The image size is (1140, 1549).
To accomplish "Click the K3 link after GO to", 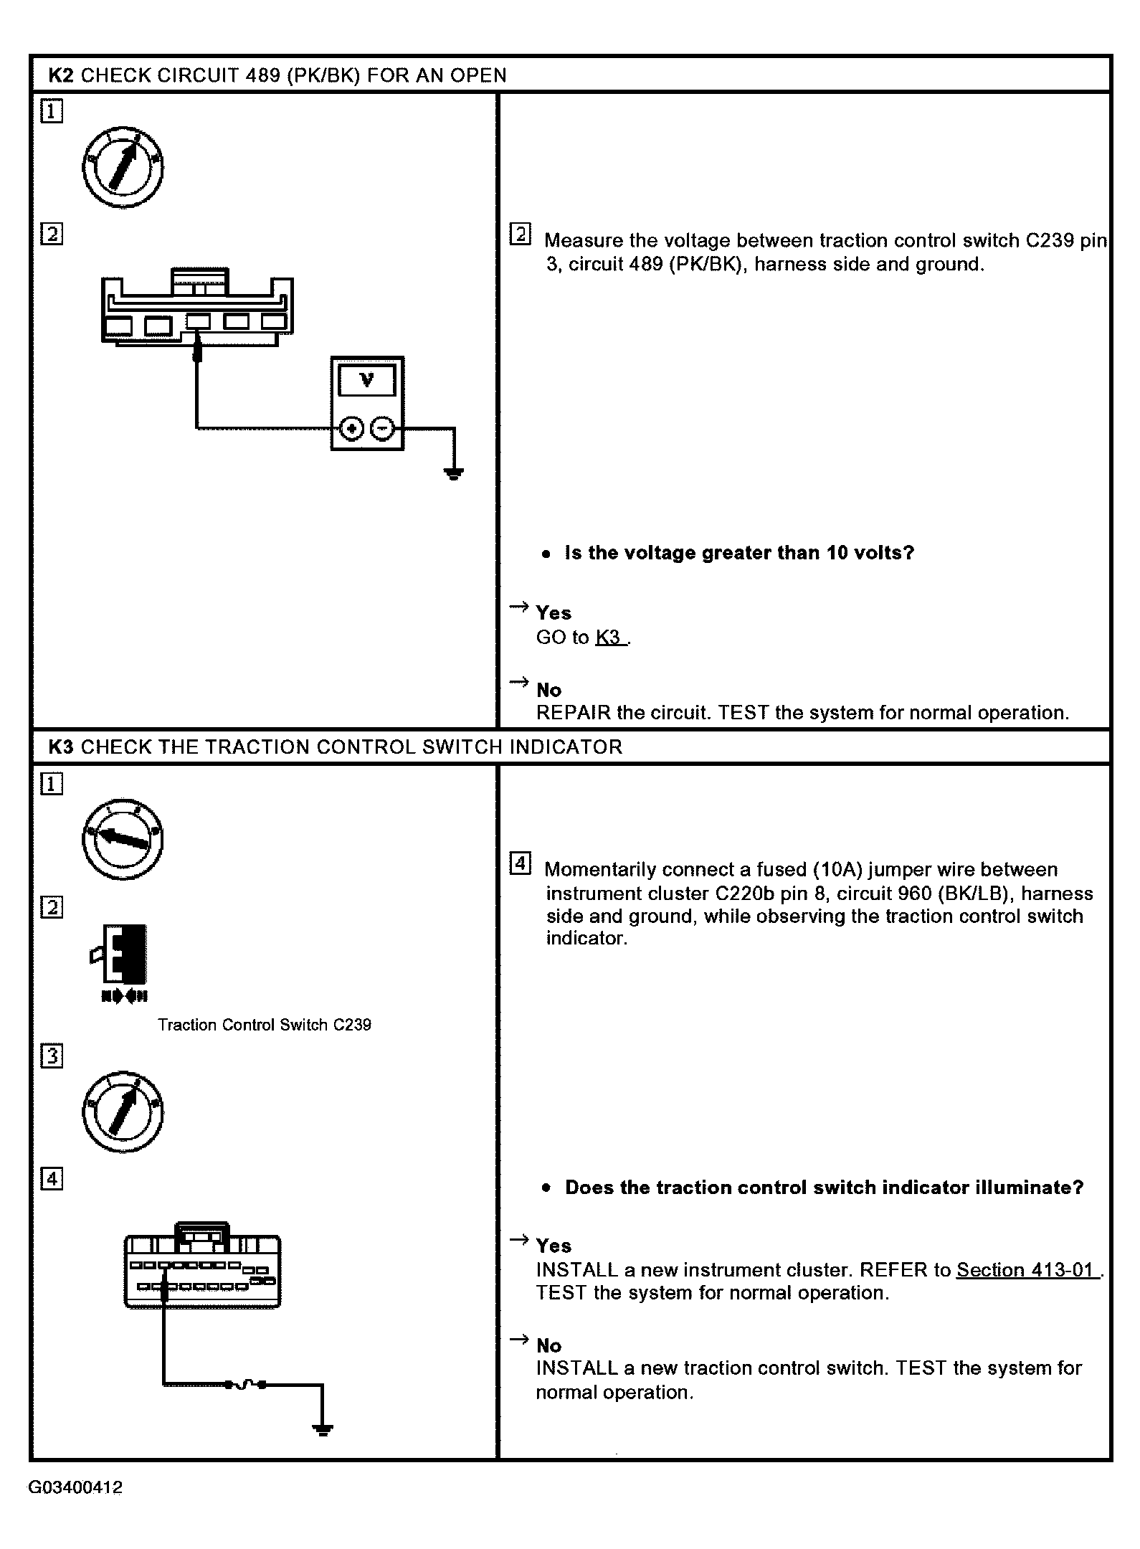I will tap(610, 638).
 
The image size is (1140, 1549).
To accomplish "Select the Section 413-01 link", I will tap(1026, 1270).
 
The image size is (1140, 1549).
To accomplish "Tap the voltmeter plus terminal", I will tap(351, 429).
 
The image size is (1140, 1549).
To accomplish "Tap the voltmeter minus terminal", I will tap(382, 429).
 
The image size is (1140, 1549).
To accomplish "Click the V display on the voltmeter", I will tap(367, 380).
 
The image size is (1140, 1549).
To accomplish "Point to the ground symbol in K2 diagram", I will tap(453, 473).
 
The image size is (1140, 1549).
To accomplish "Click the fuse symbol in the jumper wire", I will tap(247, 1384).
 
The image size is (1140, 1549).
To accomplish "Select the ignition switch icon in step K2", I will tap(123, 168).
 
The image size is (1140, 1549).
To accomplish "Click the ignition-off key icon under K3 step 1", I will tap(123, 838).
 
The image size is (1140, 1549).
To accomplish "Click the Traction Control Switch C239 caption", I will tap(265, 1025).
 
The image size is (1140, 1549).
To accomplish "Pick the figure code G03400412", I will tap(76, 1487).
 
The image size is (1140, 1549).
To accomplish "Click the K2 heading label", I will tap(61, 75).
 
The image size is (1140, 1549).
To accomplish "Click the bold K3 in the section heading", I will tap(61, 747).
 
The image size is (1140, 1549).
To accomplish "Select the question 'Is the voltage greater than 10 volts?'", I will tap(739, 553).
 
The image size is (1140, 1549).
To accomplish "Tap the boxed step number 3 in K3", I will tap(52, 1057).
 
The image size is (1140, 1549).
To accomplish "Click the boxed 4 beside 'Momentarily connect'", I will tap(521, 863).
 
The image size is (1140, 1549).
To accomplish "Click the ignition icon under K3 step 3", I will tap(123, 1112).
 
